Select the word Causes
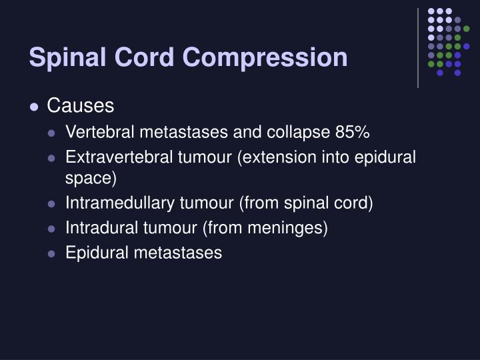81,106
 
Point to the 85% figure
352,133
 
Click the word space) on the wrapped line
91,179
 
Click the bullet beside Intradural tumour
52,229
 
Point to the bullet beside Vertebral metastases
52,133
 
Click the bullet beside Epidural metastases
52,253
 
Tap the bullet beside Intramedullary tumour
52,204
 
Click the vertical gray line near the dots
418,47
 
